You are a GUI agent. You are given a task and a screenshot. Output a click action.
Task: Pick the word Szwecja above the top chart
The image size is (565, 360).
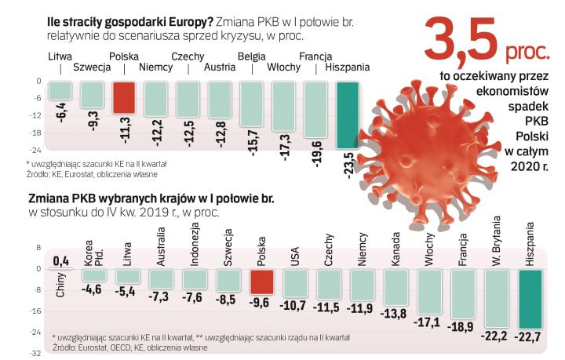pyautogui.click(x=90, y=67)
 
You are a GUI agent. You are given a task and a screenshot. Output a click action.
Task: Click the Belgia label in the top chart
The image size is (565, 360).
pyautogui.click(x=251, y=57)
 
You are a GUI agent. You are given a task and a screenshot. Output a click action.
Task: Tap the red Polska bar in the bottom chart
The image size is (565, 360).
pyautogui.click(x=262, y=282)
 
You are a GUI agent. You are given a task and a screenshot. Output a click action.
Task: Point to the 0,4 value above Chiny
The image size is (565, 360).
pyautogui.click(x=60, y=260)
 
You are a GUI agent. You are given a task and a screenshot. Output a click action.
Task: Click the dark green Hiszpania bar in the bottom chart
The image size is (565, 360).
pyautogui.click(x=531, y=299)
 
